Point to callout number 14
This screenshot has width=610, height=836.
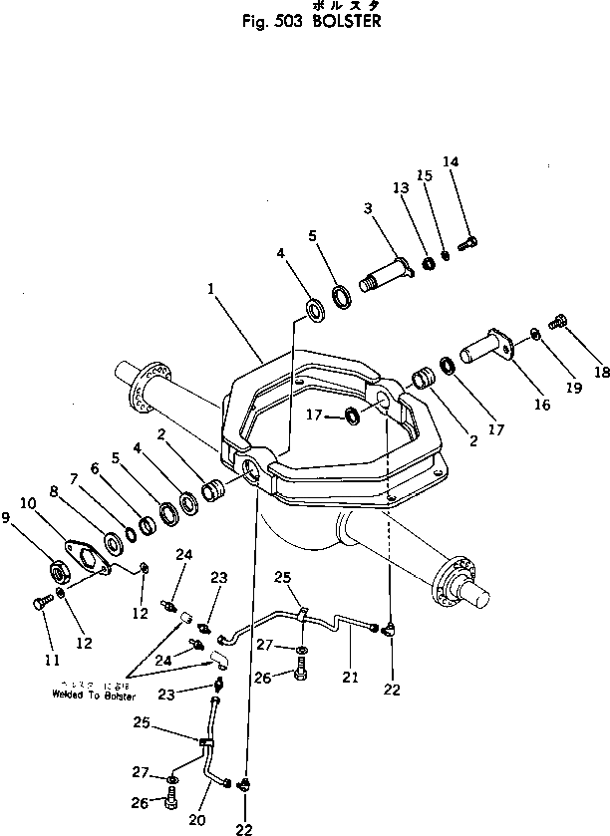pyautogui.click(x=451, y=161)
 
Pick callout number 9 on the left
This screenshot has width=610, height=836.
pyautogui.click(x=10, y=518)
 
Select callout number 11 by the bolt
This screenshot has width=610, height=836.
pyautogui.click(x=51, y=661)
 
